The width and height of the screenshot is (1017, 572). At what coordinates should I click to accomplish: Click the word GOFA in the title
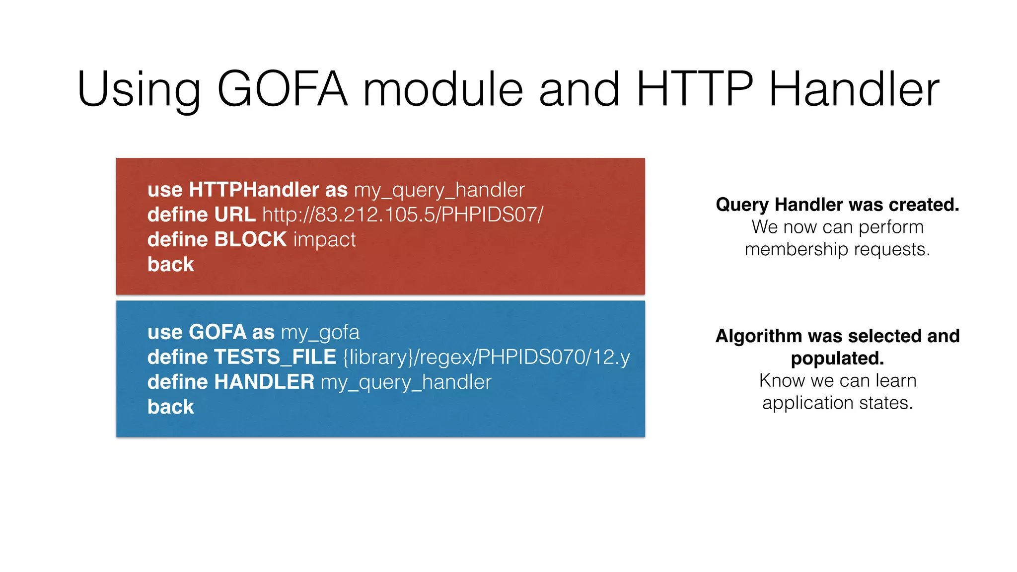[x=282, y=89]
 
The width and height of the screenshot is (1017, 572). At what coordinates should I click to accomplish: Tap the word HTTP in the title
[x=695, y=89]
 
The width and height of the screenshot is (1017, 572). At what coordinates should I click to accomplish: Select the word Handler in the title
[x=854, y=89]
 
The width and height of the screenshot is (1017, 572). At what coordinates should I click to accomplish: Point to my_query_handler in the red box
[x=439, y=190]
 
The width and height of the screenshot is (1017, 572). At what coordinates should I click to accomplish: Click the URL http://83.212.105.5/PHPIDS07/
[x=403, y=214]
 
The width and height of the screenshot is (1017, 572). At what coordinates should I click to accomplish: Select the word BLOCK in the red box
[x=250, y=239]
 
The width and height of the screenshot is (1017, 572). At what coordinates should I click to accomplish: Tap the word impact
[x=324, y=240]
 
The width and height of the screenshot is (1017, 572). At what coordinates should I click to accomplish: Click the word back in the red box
[x=170, y=265]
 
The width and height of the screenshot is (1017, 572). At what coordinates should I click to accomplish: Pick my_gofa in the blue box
[x=320, y=332]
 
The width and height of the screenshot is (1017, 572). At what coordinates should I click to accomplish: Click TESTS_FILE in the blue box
[x=275, y=357]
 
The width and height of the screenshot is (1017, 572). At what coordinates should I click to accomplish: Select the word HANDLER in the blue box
[x=264, y=382]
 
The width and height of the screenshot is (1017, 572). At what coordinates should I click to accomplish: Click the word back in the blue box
[x=170, y=407]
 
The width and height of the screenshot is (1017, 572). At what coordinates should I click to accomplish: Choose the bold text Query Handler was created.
[x=837, y=205]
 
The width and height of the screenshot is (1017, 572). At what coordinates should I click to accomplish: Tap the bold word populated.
[x=837, y=358]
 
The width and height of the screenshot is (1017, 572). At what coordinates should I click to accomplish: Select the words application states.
[x=837, y=403]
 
